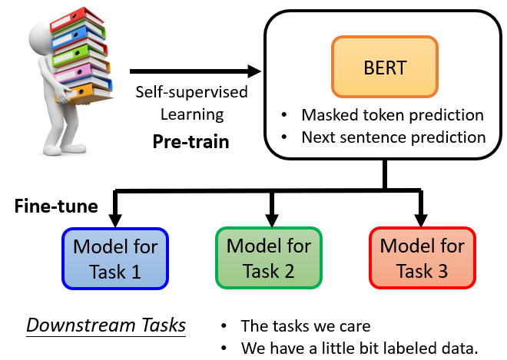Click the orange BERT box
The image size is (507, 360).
pos(384,67)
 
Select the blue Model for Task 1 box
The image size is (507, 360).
pos(115,259)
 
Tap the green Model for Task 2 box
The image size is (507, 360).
pos(269,259)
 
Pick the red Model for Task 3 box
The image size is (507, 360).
pos(422,259)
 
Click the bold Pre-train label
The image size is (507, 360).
pos(191,141)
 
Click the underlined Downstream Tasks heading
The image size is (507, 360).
pos(106,325)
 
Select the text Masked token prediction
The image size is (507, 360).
pos(393,115)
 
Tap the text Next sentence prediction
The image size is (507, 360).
pos(393,137)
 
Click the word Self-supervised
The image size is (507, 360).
pos(191,92)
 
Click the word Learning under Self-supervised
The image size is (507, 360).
pos(191,115)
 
